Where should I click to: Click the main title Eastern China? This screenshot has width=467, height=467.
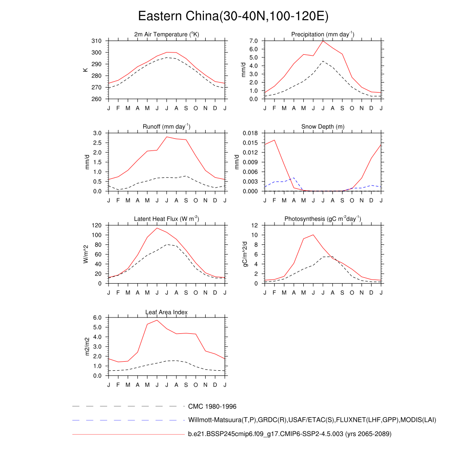tap(233, 16)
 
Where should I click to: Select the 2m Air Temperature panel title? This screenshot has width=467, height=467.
tap(166, 35)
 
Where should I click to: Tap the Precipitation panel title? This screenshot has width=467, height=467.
tap(323, 35)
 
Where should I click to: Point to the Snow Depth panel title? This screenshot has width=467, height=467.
tap(323, 126)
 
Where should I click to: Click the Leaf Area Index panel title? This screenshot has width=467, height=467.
tap(166, 312)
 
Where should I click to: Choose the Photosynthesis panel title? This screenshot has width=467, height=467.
tap(323, 219)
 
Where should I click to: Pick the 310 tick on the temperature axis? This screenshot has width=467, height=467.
tap(96, 41)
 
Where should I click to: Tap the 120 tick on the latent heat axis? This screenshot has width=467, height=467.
tap(96, 225)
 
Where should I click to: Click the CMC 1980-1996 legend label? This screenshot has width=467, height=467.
tap(212, 406)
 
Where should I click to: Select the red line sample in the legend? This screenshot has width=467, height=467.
tap(128, 434)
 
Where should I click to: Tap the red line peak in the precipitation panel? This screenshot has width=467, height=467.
tap(323, 41)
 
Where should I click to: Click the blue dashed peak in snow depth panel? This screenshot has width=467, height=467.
tap(294, 178)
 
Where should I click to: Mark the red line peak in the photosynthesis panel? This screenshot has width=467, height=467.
tap(313, 235)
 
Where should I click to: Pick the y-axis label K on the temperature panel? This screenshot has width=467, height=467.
tap(85, 70)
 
